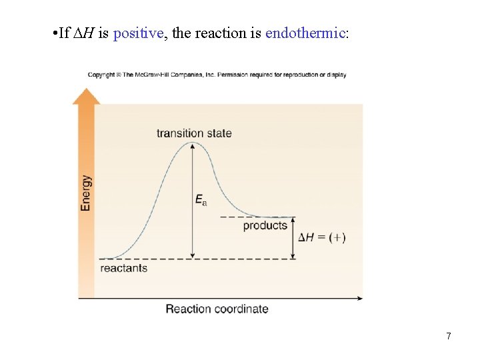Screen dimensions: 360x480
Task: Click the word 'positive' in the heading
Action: [138, 33]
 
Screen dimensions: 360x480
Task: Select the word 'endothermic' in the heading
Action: [305, 33]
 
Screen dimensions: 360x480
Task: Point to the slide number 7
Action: [449, 336]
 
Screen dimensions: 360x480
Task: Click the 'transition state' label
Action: [194, 133]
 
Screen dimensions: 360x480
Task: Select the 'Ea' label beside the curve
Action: [201, 199]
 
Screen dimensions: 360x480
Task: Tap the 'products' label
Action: [265, 225]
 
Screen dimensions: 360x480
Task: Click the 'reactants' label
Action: [123, 268]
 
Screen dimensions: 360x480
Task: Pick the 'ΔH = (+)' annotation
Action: [321, 237]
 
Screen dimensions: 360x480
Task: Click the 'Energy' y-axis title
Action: [86, 193]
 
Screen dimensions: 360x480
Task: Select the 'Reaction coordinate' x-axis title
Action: [217, 309]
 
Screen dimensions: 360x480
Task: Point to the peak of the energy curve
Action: [192, 143]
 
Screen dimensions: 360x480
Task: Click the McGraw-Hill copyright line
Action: [217, 75]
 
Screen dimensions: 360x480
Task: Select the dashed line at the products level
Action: [257, 217]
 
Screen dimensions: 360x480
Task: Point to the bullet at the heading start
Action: [53, 33]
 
